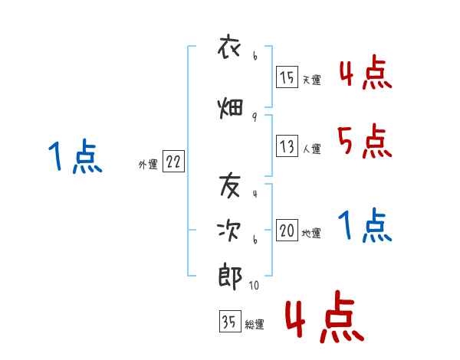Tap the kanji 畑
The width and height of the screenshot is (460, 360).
[x=231, y=108]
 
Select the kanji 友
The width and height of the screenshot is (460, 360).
[x=231, y=184]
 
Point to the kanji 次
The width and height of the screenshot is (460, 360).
[x=231, y=231]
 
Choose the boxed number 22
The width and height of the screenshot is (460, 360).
[x=173, y=162]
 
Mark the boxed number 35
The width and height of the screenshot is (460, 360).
[x=229, y=323]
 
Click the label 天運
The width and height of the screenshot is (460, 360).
[x=311, y=80]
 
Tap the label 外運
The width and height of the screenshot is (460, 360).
[x=148, y=164]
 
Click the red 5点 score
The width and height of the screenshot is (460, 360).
[x=364, y=141]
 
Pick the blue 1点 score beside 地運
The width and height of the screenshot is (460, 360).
[x=364, y=226]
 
